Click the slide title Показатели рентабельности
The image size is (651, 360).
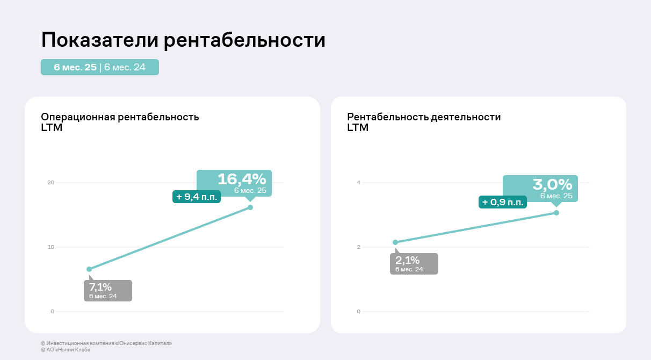183,40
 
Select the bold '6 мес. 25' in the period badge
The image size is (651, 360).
75,67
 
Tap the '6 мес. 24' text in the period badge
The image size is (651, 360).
125,67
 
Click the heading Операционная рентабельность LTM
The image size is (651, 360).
120,122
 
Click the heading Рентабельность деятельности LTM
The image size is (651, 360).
424,122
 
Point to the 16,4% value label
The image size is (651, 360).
241,179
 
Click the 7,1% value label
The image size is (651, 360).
100,287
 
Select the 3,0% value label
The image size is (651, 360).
552,185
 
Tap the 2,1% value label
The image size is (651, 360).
407,261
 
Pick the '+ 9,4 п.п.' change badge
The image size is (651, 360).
197,197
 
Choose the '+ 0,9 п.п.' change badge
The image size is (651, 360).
503,203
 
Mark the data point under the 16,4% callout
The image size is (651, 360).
250,207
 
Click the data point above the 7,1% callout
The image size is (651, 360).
89,269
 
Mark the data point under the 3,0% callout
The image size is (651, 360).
556,213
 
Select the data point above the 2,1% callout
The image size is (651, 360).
395,242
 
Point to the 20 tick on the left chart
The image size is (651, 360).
50,183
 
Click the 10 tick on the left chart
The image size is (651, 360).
50,247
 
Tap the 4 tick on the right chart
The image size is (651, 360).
358,183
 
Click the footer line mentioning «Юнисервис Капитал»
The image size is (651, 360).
106,343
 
